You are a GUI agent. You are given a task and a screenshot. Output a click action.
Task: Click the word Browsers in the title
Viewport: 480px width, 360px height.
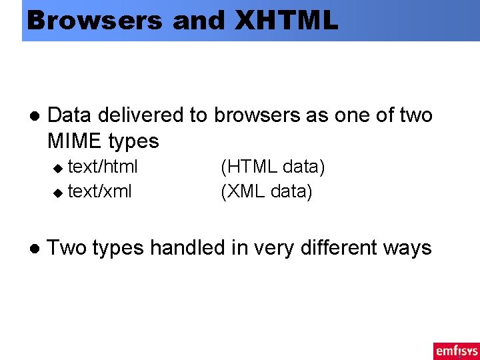94,20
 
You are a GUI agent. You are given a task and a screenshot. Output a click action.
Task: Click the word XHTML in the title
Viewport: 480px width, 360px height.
287,20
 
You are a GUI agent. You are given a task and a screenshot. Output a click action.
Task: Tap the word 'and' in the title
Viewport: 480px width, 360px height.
198,20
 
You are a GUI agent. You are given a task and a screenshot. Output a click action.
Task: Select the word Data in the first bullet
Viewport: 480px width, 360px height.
70,115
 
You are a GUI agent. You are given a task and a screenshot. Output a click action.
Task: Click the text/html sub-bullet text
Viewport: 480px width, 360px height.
103,166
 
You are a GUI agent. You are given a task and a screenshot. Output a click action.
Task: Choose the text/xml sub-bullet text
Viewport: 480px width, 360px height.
100,191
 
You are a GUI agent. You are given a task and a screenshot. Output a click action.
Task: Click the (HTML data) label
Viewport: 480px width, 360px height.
273,167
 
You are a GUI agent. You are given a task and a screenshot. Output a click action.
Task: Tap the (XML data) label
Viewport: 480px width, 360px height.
266,192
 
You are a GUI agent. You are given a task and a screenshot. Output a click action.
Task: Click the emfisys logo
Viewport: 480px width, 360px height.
456,350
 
